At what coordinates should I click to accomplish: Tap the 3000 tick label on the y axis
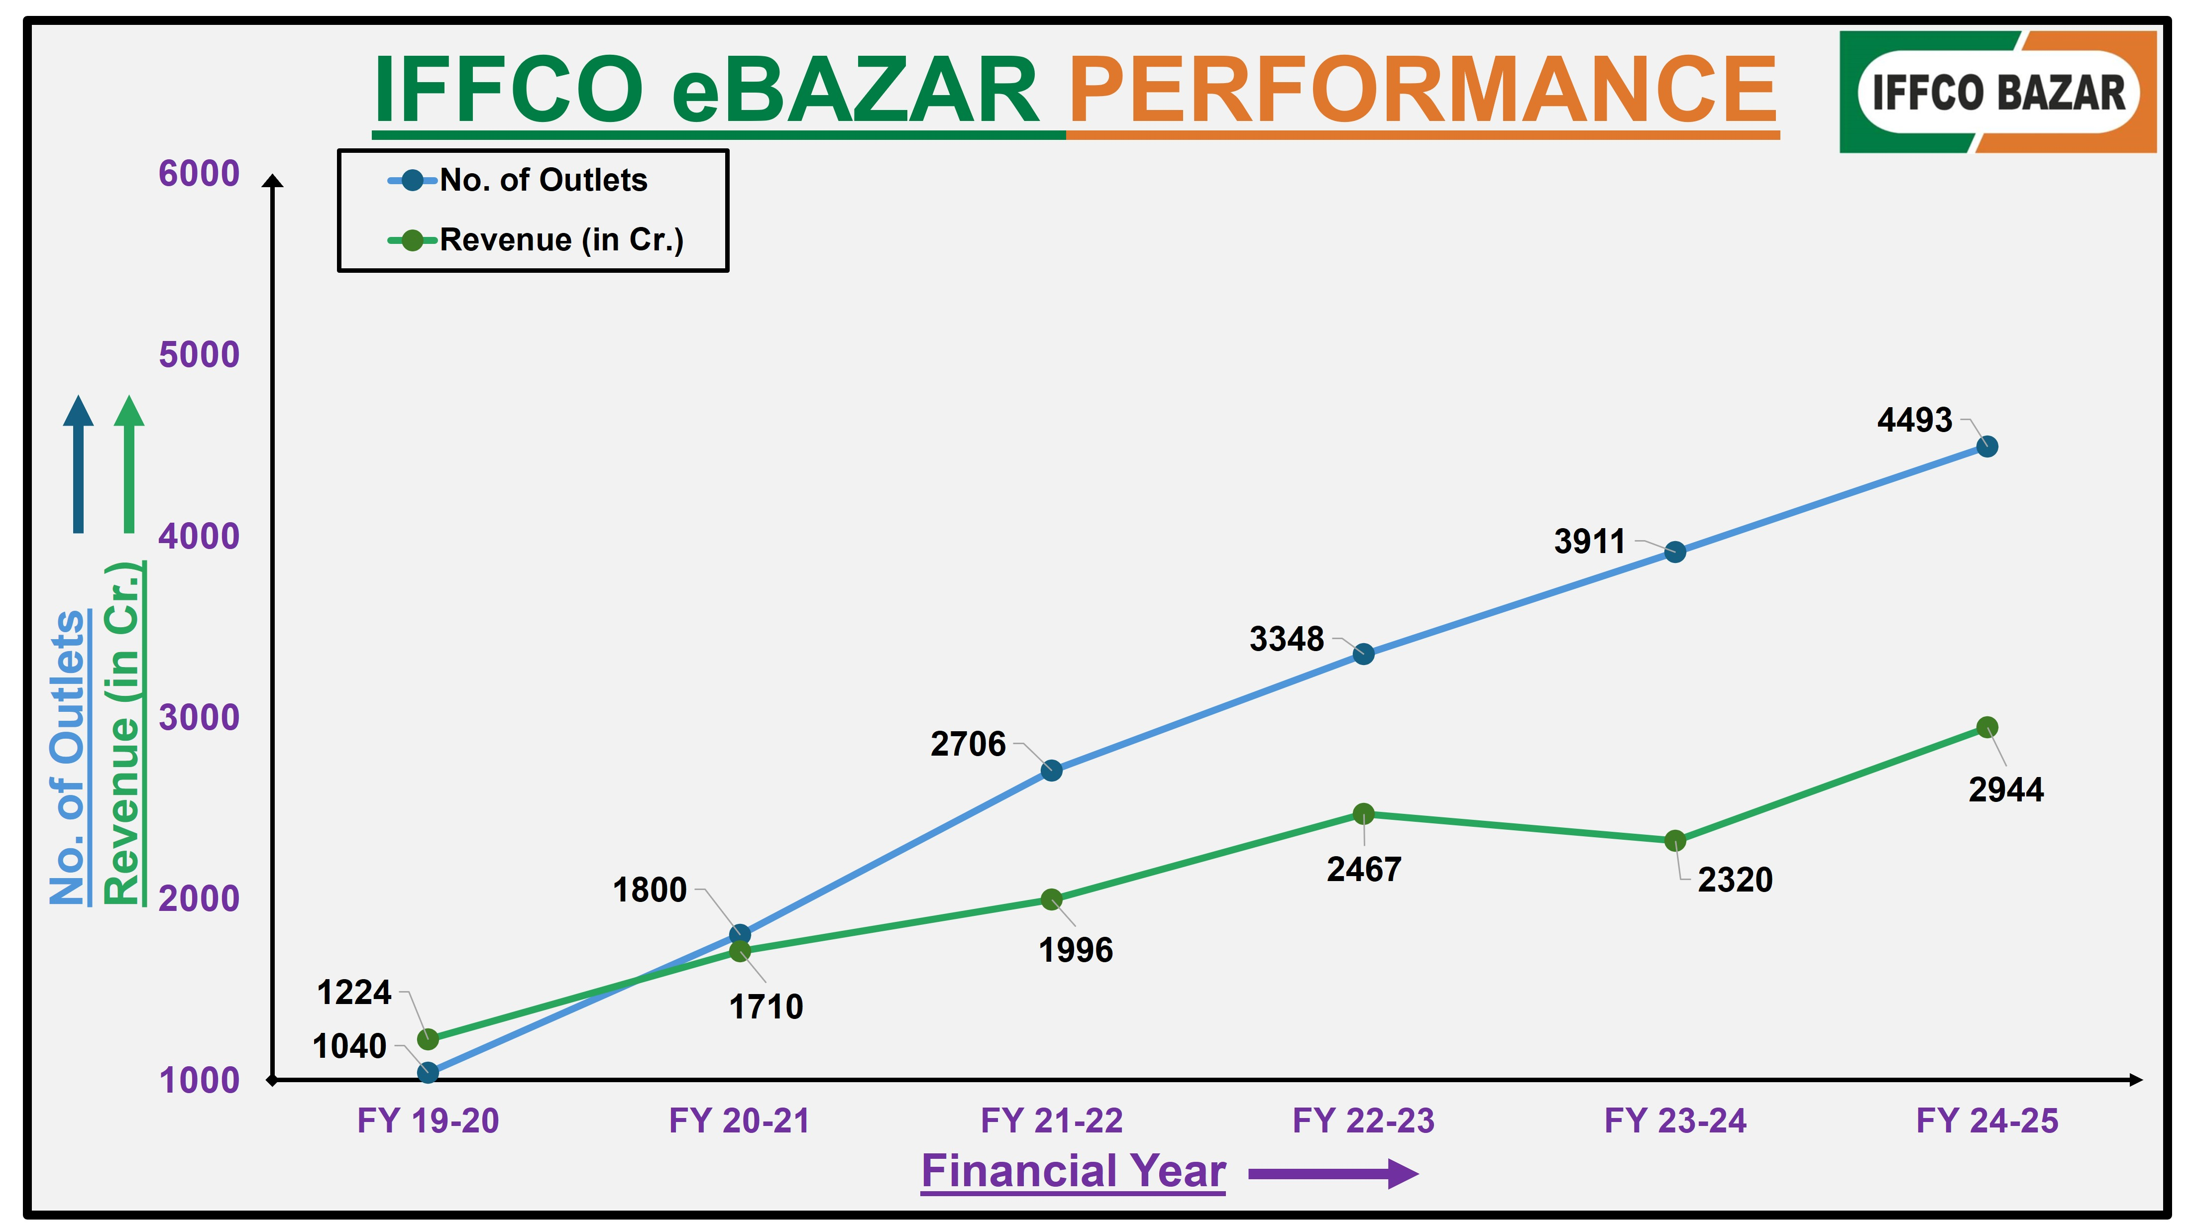[x=199, y=718]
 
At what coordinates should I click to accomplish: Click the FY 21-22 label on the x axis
[x=1052, y=1120]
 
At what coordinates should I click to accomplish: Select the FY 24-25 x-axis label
[x=1987, y=1120]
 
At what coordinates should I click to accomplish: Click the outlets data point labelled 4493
[x=1987, y=447]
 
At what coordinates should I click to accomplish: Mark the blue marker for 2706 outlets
[x=1052, y=771]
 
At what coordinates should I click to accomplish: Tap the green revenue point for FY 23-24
[x=1675, y=841]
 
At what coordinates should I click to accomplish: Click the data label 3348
[x=1286, y=639]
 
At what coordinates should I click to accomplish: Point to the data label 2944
[x=2005, y=790]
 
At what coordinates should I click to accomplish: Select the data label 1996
[x=1076, y=950]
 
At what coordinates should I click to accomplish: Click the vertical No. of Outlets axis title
[x=68, y=757]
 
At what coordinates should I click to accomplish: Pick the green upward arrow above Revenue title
[x=129, y=463]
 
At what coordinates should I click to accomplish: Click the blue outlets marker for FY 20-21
[x=740, y=934]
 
